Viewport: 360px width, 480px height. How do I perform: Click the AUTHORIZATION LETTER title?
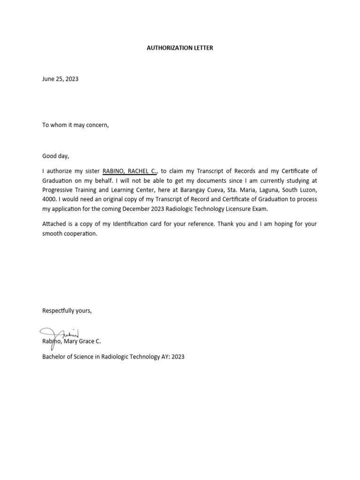pos(180,48)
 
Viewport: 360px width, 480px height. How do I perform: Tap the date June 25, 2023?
pos(60,79)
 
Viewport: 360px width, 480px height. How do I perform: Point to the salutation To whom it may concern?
pos(75,125)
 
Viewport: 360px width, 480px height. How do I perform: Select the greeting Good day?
pos(56,156)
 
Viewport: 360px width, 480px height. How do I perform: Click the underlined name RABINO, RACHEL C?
pos(129,171)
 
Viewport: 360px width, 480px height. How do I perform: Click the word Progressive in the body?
pos(58,190)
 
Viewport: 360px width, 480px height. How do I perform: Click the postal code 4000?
pos(49,199)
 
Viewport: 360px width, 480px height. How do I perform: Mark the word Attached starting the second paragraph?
pos(54,224)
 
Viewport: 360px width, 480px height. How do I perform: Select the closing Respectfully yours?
pos(67,311)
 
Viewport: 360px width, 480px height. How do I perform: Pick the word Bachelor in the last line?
pos(54,357)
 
